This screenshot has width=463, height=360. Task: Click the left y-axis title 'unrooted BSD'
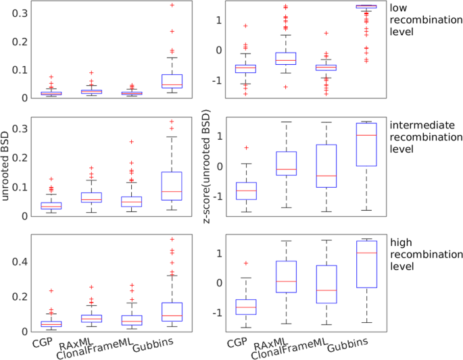pos(7,176)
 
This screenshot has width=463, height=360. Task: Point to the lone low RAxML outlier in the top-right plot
pos(286,87)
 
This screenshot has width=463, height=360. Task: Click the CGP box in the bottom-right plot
pos(245,307)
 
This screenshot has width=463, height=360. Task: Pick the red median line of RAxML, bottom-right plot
pos(286,281)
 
